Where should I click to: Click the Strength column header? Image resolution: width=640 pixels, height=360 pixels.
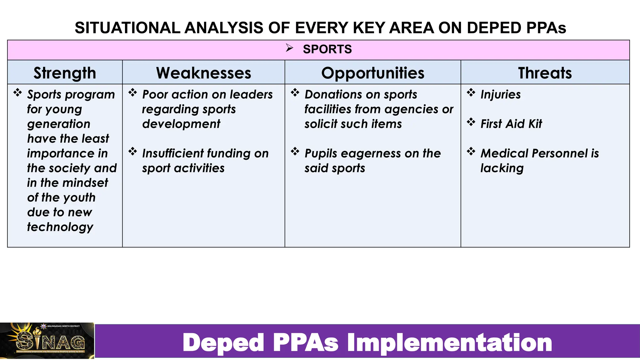point(65,73)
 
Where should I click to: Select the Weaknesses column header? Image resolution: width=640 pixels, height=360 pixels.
point(203,73)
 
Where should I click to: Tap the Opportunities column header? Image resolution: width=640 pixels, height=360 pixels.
point(372,73)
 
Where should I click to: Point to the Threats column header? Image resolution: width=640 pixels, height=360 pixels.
point(545,73)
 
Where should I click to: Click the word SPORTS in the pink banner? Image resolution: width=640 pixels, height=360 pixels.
point(327,49)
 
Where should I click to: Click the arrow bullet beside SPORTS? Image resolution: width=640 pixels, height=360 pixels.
point(289,48)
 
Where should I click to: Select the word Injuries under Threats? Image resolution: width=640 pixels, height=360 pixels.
point(500,94)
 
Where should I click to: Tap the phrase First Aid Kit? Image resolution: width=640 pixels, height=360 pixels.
point(511,124)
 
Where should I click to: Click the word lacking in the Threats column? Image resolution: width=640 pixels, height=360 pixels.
point(502,168)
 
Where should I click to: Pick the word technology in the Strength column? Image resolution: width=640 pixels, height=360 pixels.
point(60,227)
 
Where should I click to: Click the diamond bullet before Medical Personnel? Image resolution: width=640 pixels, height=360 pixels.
point(471,152)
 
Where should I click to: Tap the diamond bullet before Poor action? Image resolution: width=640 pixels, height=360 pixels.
point(132,92)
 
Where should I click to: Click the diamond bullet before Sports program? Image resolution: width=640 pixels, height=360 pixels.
point(17,92)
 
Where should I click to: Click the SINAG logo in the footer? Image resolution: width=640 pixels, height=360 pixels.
point(47,341)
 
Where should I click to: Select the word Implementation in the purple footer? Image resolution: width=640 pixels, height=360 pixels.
point(449,343)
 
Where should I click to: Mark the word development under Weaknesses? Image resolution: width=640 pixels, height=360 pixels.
point(181,124)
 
